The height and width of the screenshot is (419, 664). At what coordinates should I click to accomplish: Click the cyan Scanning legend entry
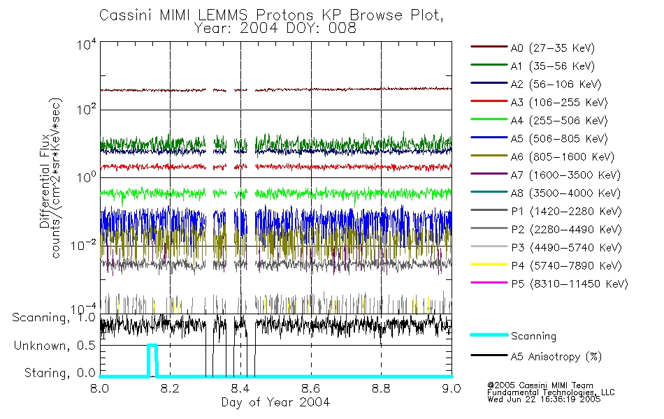(x=533, y=337)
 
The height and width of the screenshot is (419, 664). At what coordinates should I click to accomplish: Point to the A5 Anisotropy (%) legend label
(x=555, y=357)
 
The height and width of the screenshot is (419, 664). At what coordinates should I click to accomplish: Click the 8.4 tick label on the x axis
(x=240, y=389)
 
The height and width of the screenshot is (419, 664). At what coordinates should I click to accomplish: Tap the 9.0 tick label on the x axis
(x=452, y=389)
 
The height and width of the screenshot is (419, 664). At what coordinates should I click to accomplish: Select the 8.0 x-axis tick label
(x=100, y=389)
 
